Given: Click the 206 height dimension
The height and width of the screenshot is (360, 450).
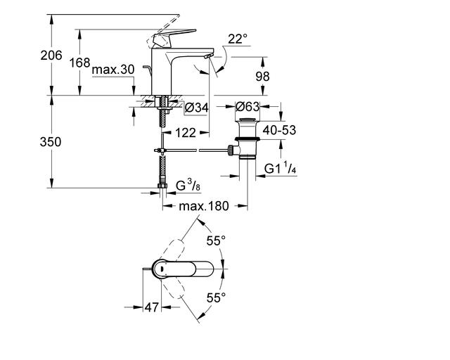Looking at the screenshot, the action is tap(51, 55).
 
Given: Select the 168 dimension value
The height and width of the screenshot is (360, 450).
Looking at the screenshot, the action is tap(79, 63).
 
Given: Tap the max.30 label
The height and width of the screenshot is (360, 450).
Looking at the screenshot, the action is tap(113, 70).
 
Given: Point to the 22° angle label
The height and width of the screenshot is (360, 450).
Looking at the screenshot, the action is tap(238, 39).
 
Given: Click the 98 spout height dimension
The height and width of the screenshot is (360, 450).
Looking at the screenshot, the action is tap(262, 77).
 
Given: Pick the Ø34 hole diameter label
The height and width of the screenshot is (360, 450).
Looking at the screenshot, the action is tap(197, 108).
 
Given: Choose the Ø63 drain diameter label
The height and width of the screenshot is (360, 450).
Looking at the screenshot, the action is tap(247, 107).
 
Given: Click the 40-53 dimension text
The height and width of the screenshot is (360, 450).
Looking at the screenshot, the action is tap(279, 130).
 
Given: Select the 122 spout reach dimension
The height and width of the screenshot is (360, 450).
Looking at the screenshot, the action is tap(186, 133).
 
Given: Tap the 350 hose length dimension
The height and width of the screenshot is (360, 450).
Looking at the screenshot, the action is tap(51, 142).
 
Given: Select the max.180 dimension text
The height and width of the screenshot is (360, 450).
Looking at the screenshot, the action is tap(204, 206).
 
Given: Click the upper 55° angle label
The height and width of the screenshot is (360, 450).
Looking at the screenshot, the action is tap(216, 240).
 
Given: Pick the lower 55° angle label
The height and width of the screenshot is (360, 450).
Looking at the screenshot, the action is tap(216, 297).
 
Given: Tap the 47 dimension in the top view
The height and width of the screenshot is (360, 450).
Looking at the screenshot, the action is tap(151, 307).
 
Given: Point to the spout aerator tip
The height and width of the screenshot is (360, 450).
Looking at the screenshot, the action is tap(209, 56).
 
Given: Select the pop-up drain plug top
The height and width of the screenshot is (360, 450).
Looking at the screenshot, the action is tap(247, 119).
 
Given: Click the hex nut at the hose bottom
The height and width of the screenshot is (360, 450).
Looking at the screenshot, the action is tap(162, 186).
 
